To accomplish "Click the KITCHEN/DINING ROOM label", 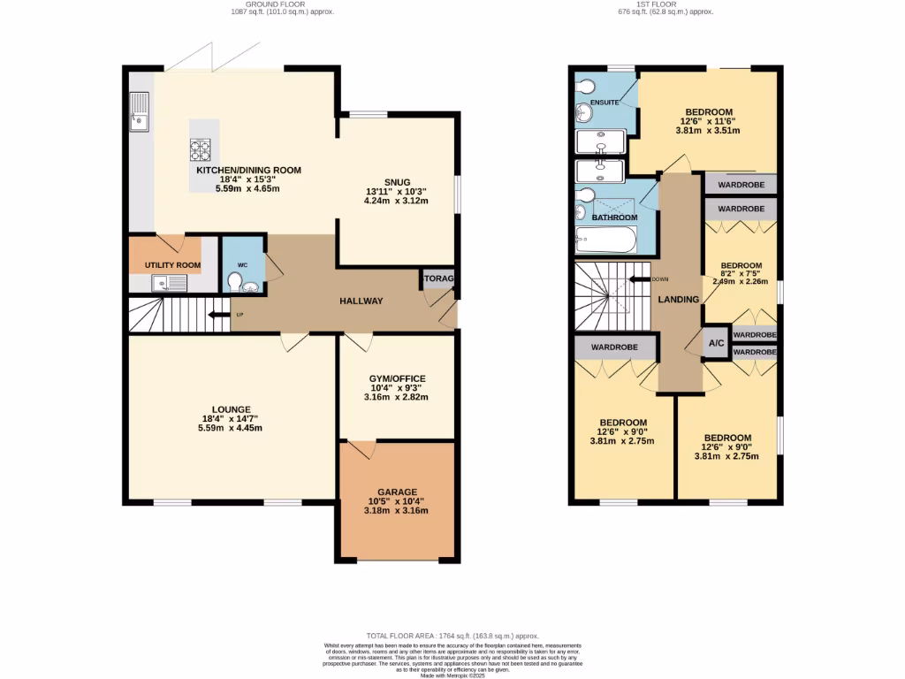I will [248, 171].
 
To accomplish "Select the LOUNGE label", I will [231, 409].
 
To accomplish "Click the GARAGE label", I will [397, 492].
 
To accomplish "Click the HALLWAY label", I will [361, 301].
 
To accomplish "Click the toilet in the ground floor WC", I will [236, 281].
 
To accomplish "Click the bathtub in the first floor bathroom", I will [605, 239].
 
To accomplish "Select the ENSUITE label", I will [605, 103].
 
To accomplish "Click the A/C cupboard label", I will [716, 343].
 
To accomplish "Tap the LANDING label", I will [679, 300].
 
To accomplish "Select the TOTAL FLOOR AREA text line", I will [452, 636].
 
